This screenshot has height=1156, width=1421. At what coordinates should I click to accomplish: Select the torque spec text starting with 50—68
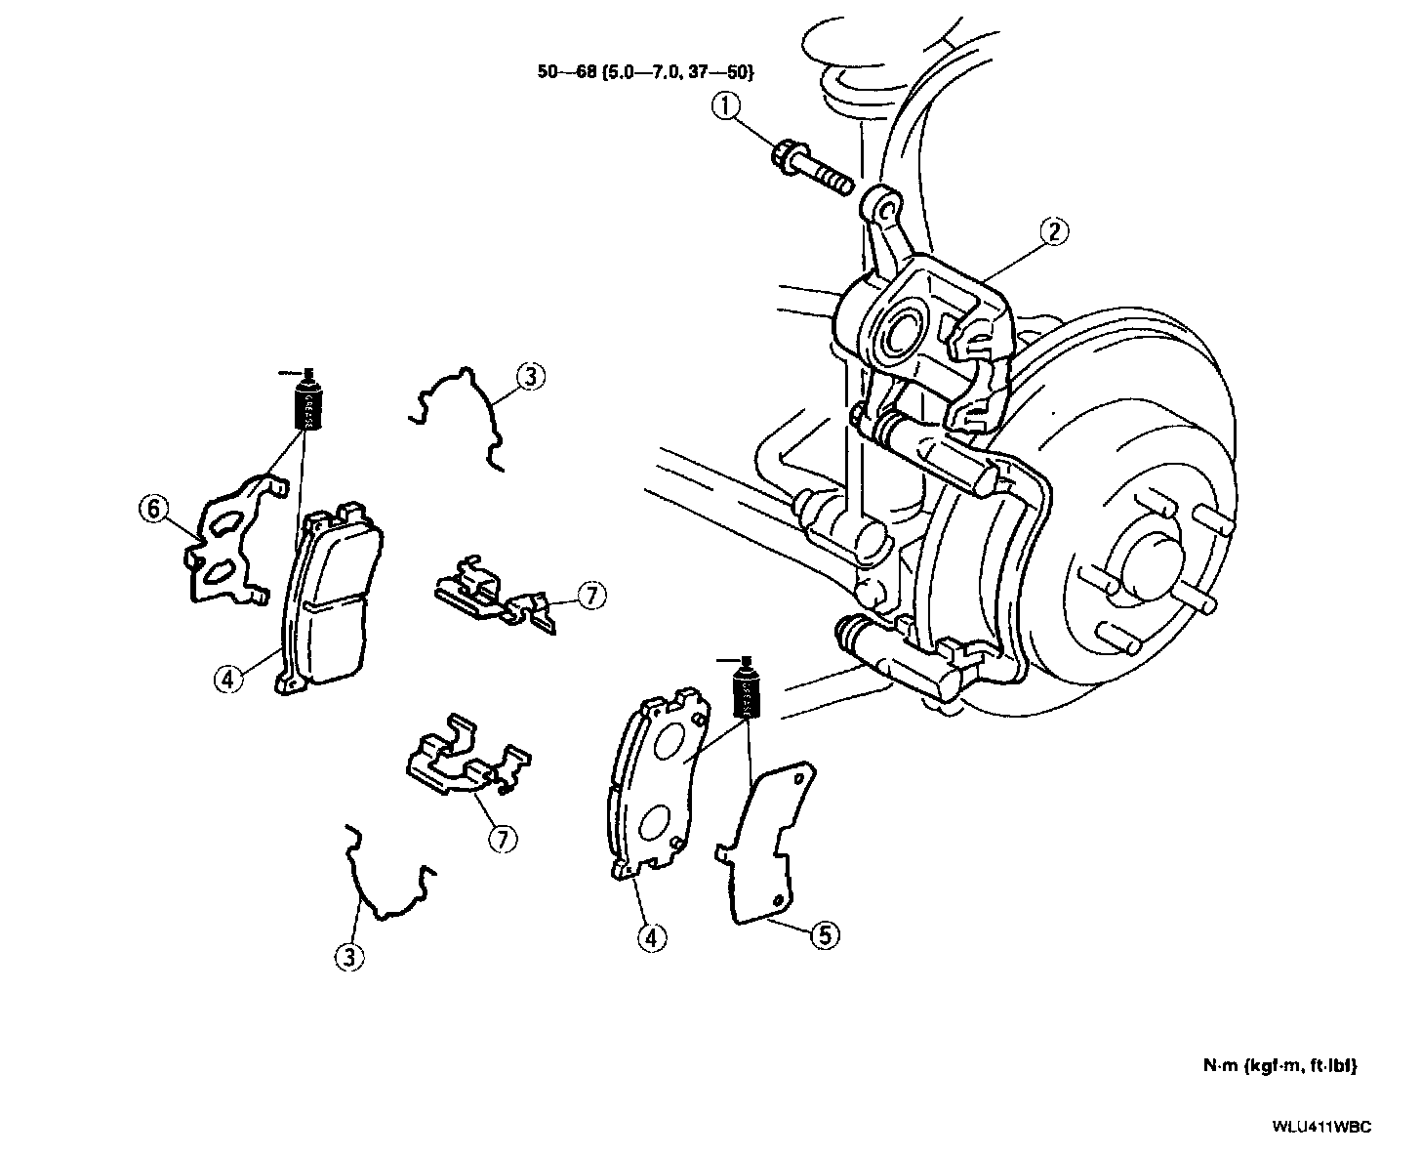(645, 72)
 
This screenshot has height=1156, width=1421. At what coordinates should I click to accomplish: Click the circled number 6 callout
(153, 509)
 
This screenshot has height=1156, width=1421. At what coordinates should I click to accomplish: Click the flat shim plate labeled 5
(768, 842)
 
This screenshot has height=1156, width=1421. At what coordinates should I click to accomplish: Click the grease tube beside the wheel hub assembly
(747, 691)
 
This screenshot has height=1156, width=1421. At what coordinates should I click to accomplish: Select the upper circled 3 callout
(530, 377)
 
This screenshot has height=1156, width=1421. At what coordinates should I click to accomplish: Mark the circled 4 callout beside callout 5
(652, 937)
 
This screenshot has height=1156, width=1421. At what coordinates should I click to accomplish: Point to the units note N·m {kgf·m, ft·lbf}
(1279, 1065)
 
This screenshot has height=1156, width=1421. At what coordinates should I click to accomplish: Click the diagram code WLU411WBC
(1320, 1127)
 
